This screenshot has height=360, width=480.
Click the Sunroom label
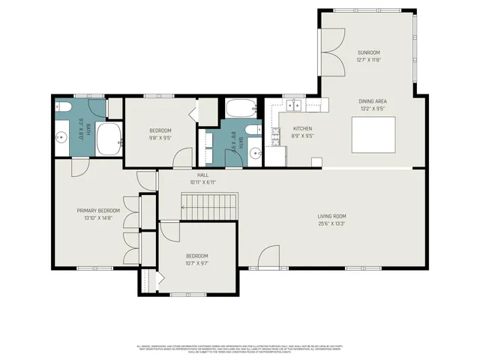[368, 52]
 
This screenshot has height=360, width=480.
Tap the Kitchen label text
[301, 128]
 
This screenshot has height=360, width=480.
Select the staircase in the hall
[209, 205]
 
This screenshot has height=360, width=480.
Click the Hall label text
[202, 175]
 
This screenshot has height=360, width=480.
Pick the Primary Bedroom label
[98, 211]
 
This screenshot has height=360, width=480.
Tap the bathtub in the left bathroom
[109, 138]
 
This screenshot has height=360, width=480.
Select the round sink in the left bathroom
[61, 137]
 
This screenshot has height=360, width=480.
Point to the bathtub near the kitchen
[242, 109]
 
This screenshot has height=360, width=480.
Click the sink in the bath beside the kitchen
[256, 152]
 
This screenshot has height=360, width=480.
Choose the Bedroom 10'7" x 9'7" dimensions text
[196, 263]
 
